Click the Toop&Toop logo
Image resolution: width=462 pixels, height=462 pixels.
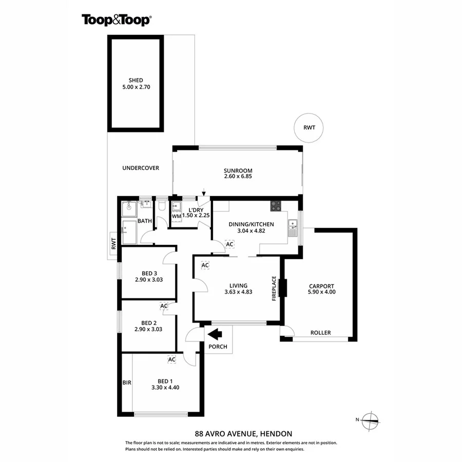click(116, 20)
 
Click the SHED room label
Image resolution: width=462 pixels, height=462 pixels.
click(136, 80)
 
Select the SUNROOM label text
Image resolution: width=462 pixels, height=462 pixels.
click(238, 171)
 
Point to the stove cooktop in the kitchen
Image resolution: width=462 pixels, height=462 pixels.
click(276, 206)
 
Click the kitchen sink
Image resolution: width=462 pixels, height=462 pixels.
click(292, 224)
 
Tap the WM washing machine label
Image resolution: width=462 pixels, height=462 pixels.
click(176, 217)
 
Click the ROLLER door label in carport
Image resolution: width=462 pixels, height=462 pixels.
click(320, 333)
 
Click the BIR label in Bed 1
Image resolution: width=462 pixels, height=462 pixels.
click(127, 382)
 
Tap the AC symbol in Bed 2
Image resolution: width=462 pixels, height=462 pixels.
click(164, 306)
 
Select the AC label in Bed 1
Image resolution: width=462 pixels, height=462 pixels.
click(172, 359)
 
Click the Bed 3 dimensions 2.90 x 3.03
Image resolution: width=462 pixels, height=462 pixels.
click(148, 280)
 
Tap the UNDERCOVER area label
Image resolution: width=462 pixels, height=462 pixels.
click(141, 168)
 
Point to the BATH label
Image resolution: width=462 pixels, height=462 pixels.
click(144, 221)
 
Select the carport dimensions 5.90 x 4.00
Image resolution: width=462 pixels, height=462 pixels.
click(321, 293)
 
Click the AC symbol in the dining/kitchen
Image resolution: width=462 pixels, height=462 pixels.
click(229, 244)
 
